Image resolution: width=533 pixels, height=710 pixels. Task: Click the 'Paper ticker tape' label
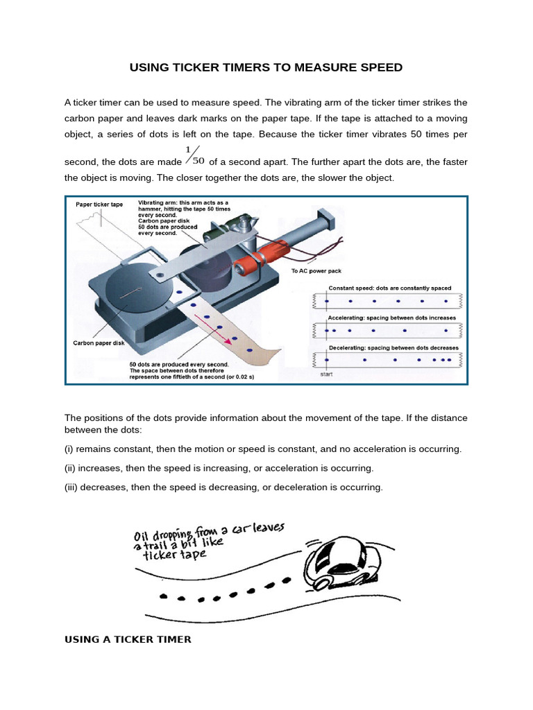point(99,205)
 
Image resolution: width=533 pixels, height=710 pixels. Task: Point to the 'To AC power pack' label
point(316,271)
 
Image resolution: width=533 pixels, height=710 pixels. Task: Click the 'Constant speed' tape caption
point(389,288)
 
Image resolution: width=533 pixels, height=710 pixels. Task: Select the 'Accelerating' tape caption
point(392,318)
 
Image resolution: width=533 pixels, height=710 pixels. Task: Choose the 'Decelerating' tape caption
point(393,347)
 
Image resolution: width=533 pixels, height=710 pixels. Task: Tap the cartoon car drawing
point(343,561)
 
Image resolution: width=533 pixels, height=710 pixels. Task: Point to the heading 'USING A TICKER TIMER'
point(128,639)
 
